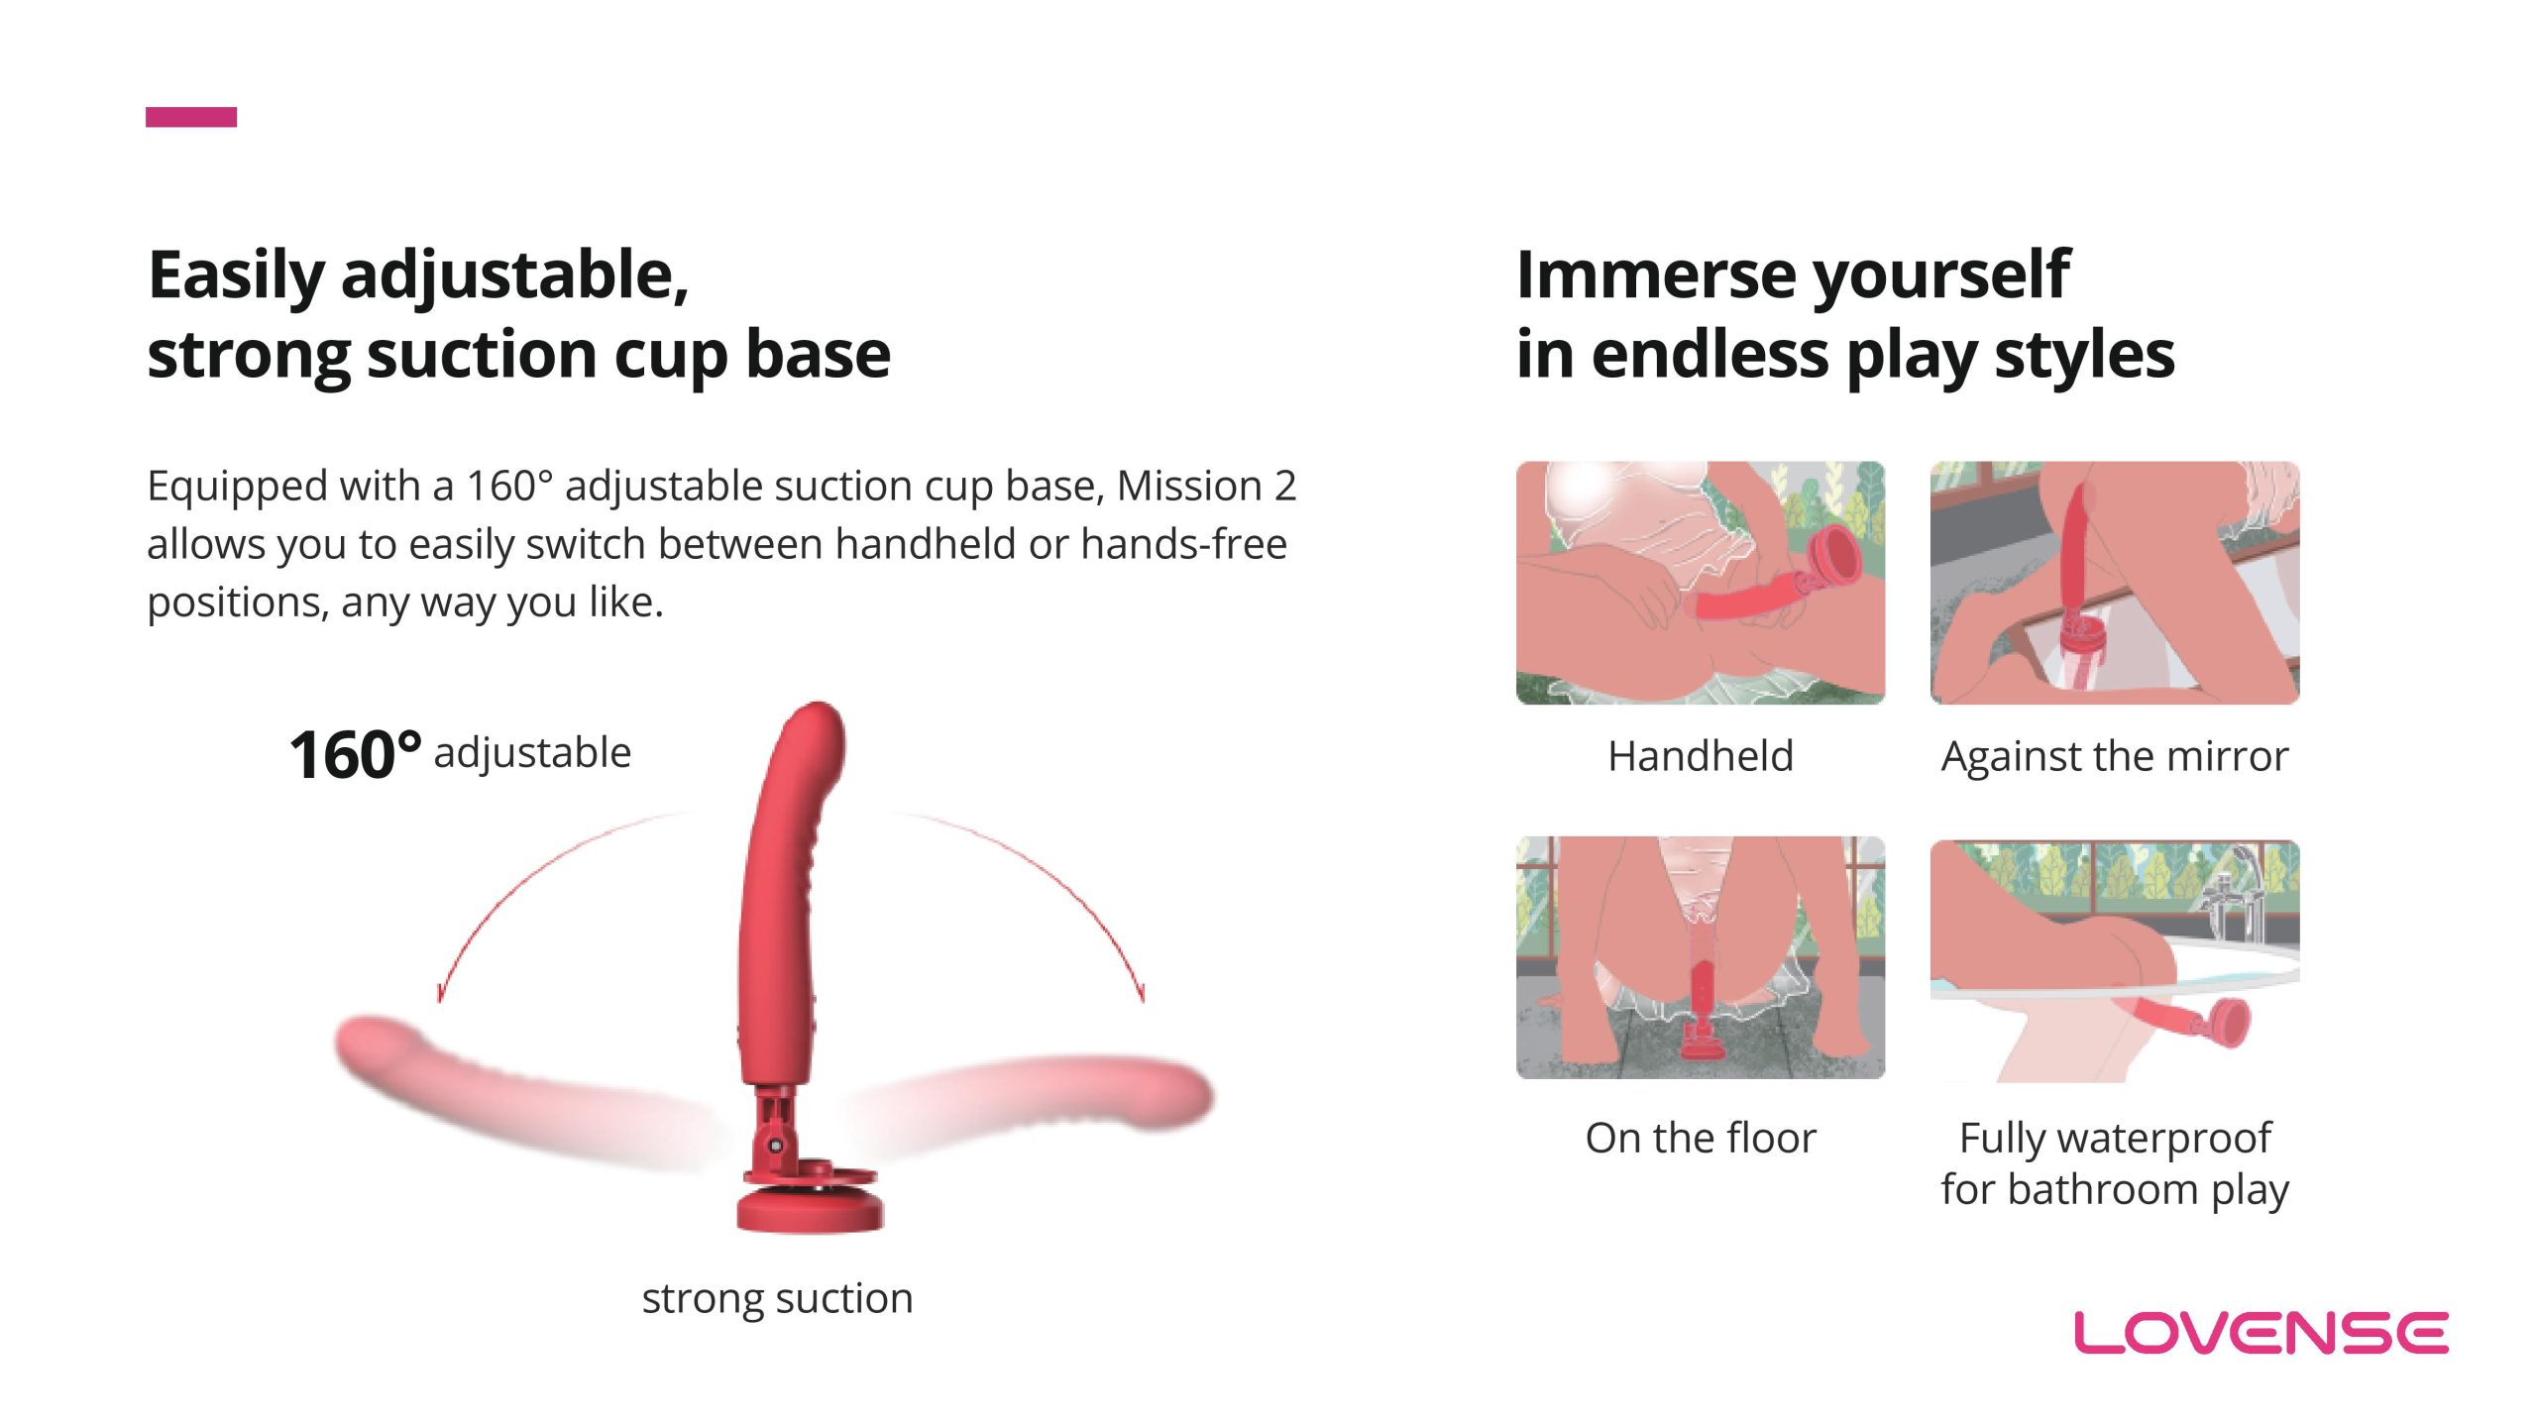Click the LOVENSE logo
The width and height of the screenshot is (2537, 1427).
(2261, 1333)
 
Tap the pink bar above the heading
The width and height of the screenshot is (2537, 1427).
(191, 117)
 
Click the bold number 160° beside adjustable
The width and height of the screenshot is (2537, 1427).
(356, 755)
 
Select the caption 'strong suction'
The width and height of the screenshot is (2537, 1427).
(777, 1298)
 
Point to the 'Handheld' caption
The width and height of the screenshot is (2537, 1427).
(1701, 756)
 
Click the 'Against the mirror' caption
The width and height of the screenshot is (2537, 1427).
(2115, 756)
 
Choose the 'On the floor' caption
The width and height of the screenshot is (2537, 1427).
(1701, 1138)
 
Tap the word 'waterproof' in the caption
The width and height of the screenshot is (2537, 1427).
(2163, 1140)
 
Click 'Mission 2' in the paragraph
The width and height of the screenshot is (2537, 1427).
(1206, 486)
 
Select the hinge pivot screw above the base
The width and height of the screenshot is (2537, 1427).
(776, 1146)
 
